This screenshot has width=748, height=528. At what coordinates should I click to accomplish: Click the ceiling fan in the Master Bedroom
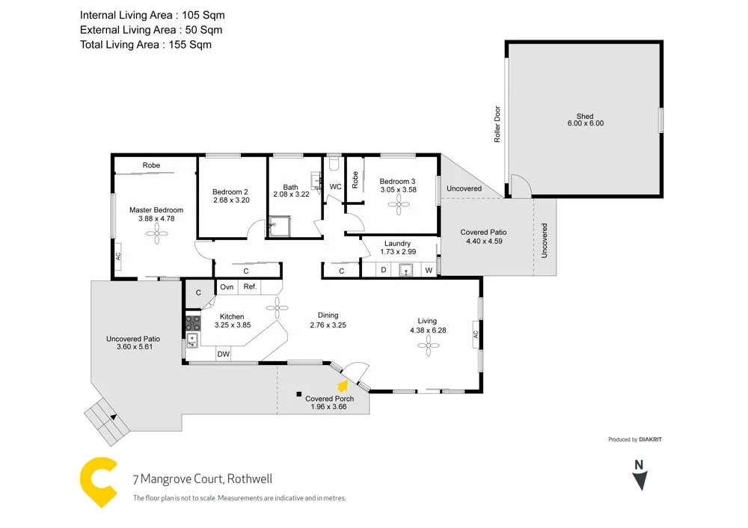pyautogui.click(x=156, y=236)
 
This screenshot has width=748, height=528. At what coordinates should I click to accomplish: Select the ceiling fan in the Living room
pyautogui.click(x=429, y=344)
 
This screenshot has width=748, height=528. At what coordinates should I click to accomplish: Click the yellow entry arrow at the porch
pyautogui.click(x=343, y=386)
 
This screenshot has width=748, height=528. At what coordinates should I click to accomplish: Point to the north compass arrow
pyautogui.click(x=639, y=479)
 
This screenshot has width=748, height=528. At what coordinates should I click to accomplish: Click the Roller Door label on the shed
pyautogui.click(x=497, y=123)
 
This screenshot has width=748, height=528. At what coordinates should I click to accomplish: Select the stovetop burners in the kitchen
pyautogui.click(x=192, y=323)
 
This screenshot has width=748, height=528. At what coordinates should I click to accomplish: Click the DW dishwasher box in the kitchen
pyautogui.click(x=223, y=354)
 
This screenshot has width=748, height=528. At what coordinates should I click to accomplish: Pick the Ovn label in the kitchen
pyautogui.click(x=227, y=286)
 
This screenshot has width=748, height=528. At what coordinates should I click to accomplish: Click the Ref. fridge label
pyautogui.click(x=250, y=286)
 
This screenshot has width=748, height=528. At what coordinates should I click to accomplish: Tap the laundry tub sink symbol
pyautogui.click(x=406, y=270)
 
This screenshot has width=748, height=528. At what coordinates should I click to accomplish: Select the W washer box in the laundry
pyautogui.click(x=429, y=270)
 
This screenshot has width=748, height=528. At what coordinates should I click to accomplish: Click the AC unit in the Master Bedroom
pyautogui.click(x=118, y=257)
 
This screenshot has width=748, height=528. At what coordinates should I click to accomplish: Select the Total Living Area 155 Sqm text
pyautogui.click(x=146, y=45)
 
